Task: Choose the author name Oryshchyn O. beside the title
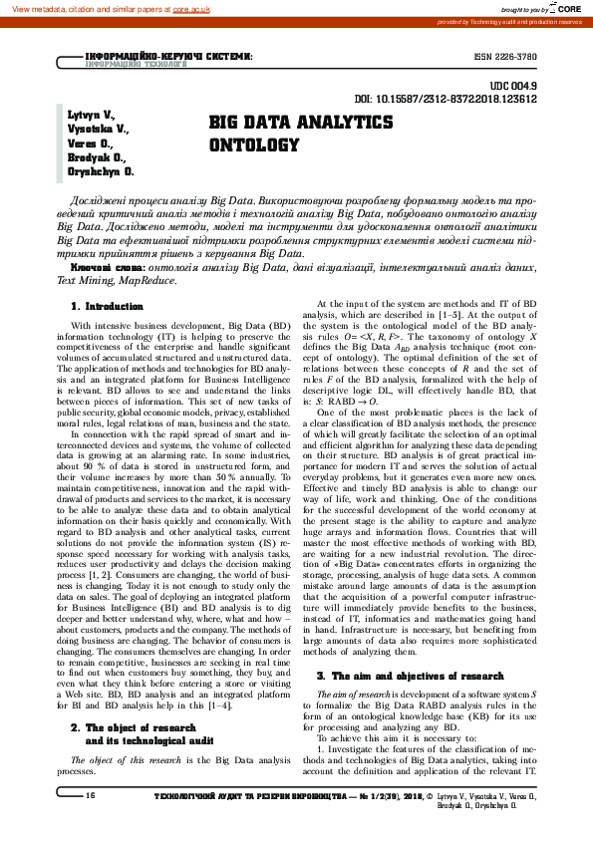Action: (101, 171)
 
